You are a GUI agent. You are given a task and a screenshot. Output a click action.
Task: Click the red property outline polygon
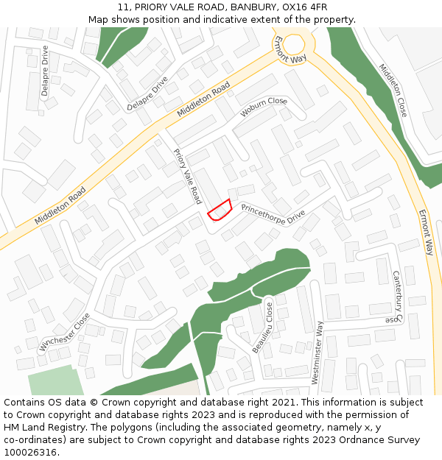(x=220, y=210)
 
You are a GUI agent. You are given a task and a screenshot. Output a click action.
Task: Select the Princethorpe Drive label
(x=273, y=214)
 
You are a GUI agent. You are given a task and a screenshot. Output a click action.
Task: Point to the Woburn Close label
(x=264, y=107)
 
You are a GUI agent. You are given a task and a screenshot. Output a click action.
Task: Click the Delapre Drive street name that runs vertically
(x=45, y=71)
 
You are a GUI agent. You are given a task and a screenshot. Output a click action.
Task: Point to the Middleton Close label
(x=393, y=90)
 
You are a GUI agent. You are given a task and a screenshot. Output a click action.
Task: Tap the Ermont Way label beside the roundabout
(x=290, y=50)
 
